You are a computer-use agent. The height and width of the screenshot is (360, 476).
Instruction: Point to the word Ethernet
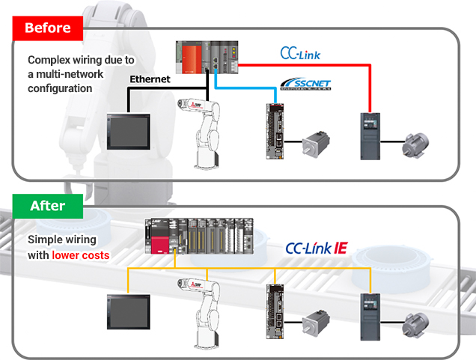150,79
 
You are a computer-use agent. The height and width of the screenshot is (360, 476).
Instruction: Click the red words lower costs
81,255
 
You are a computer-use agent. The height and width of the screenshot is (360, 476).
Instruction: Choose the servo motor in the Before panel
317,144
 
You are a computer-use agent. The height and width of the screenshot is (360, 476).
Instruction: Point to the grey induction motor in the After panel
414,325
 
